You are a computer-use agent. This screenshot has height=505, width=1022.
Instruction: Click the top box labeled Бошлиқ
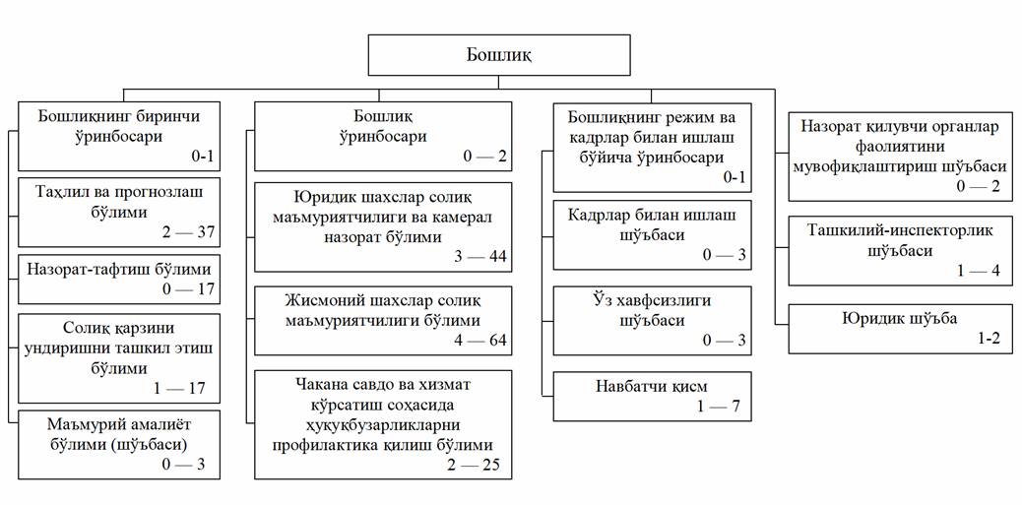coord(499,54)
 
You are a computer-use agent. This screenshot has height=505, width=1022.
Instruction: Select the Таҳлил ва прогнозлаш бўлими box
coord(118,211)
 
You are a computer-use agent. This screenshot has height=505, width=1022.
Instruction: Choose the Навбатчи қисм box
coord(651,397)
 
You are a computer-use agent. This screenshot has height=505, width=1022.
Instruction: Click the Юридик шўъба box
coord(900,329)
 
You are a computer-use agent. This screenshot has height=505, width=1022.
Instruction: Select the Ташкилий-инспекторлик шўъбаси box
coord(900,251)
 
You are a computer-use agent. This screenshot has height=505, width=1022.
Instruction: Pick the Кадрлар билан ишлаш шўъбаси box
coord(651,233)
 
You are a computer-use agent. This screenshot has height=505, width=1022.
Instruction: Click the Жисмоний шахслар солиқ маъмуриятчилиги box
coord(383,320)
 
